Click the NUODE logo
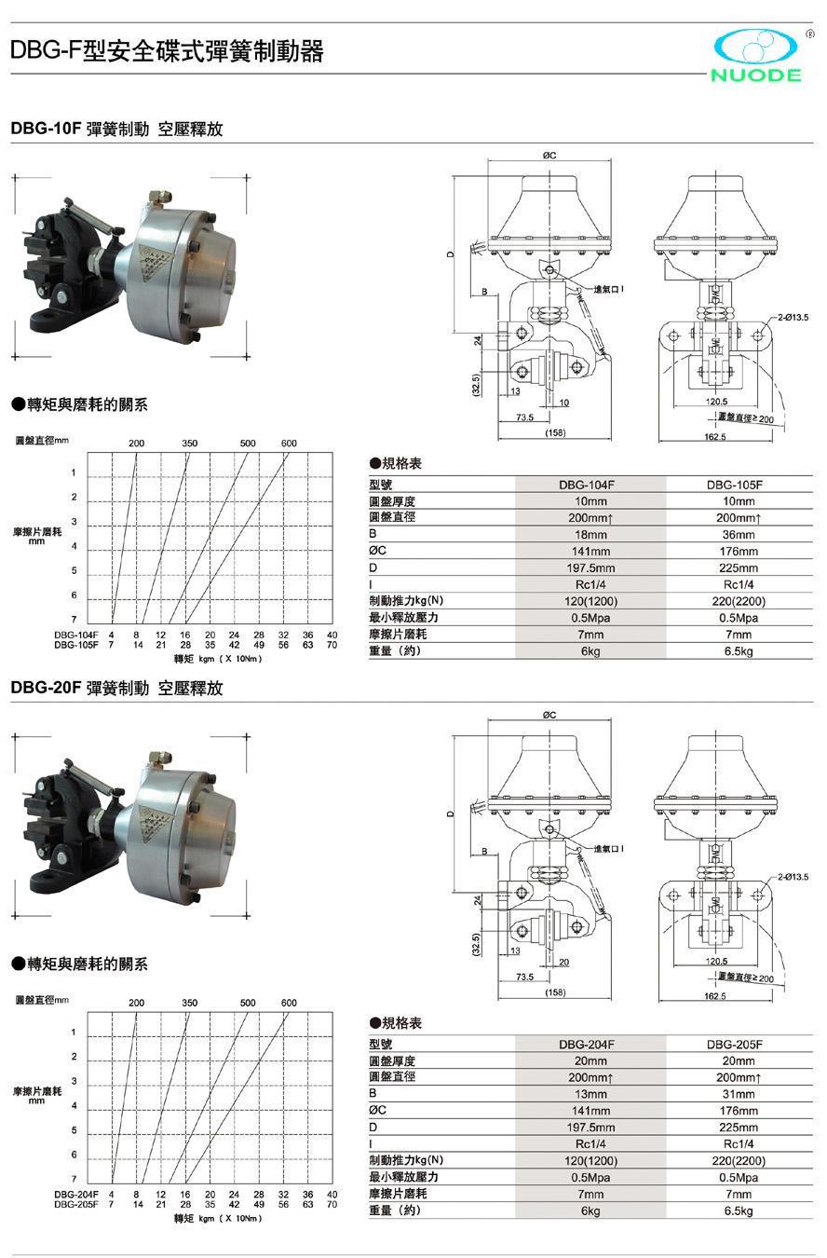point(756,56)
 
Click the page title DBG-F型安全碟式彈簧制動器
point(167,51)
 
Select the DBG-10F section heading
point(116,130)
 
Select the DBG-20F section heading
point(116,689)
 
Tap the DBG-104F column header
point(590,485)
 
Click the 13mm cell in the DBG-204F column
point(590,1094)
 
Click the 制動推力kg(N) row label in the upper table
point(406,601)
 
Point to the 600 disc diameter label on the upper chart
point(289,444)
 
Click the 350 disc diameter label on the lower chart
point(190,1003)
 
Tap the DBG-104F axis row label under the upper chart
point(75,635)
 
